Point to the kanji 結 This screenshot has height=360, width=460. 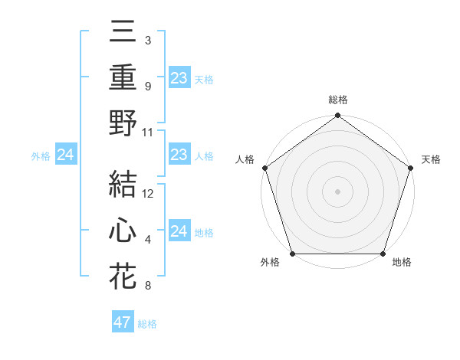[x=123, y=185]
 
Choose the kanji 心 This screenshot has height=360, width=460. [x=123, y=231]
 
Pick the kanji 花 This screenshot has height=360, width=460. [x=123, y=276]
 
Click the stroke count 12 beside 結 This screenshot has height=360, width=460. [x=149, y=194]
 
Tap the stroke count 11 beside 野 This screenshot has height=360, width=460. [x=149, y=133]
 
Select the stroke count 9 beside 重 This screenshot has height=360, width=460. [x=147, y=87]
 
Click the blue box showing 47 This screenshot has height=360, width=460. [x=123, y=322]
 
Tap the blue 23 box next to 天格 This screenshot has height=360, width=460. [x=179, y=77]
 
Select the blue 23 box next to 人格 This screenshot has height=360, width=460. [x=179, y=155]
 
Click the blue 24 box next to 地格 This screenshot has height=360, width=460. [x=179, y=231]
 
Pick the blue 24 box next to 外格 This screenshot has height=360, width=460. [x=66, y=155]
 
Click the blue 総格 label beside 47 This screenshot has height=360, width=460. [x=148, y=324]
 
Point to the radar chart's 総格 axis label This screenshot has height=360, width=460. [x=337, y=100]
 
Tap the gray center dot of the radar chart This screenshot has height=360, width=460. [x=337, y=191]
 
